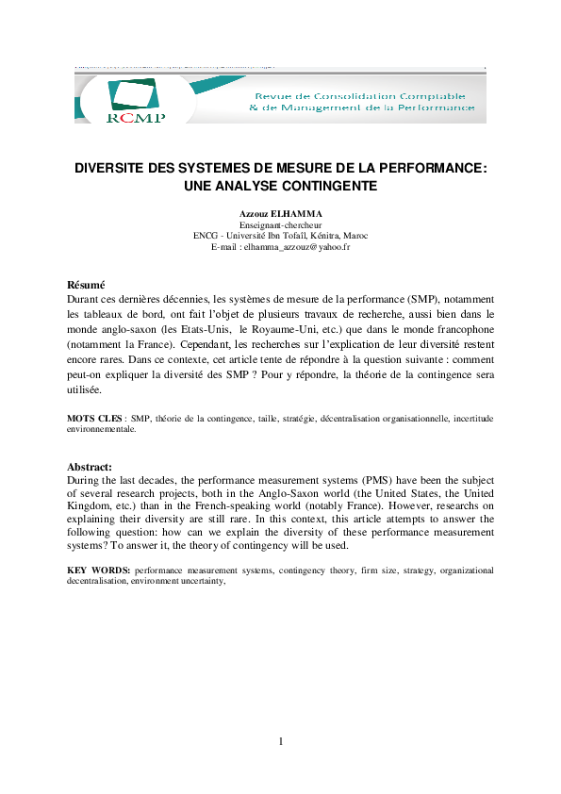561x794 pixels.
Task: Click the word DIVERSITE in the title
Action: click(118, 167)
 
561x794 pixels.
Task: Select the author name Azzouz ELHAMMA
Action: click(280, 215)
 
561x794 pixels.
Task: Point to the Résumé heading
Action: click(86, 285)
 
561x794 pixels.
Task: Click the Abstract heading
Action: click(90, 466)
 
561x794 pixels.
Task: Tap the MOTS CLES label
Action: click(94, 418)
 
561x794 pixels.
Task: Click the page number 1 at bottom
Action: click(280, 741)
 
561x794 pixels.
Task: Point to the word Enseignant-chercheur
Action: click(281, 225)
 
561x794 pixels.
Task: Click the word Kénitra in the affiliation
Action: click(316, 236)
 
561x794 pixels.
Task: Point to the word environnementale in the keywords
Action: click(102, 428)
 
